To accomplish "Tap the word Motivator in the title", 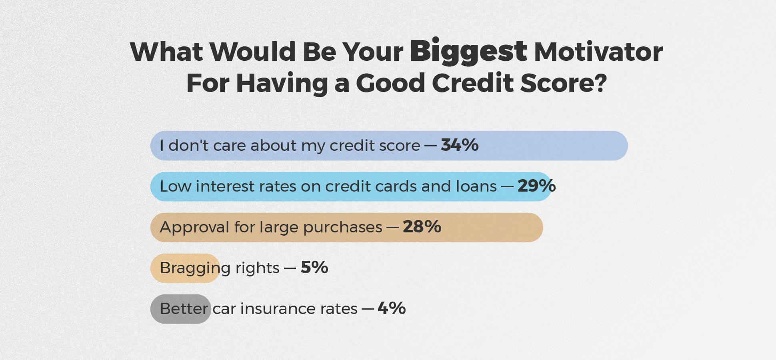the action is coord(598,52).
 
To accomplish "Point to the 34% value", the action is coord(460,145).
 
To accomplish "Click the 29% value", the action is coord(536,186).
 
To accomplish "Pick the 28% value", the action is coord(422,226).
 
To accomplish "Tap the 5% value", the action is coord(314,267).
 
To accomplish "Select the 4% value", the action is coord(392,308).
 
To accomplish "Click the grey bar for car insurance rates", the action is coord(181,309).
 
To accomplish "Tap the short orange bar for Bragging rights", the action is coord(185,268).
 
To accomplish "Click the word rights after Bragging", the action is coord(257,268).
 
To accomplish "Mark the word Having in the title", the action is coord(282,83).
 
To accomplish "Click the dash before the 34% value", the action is coord(430,146).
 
